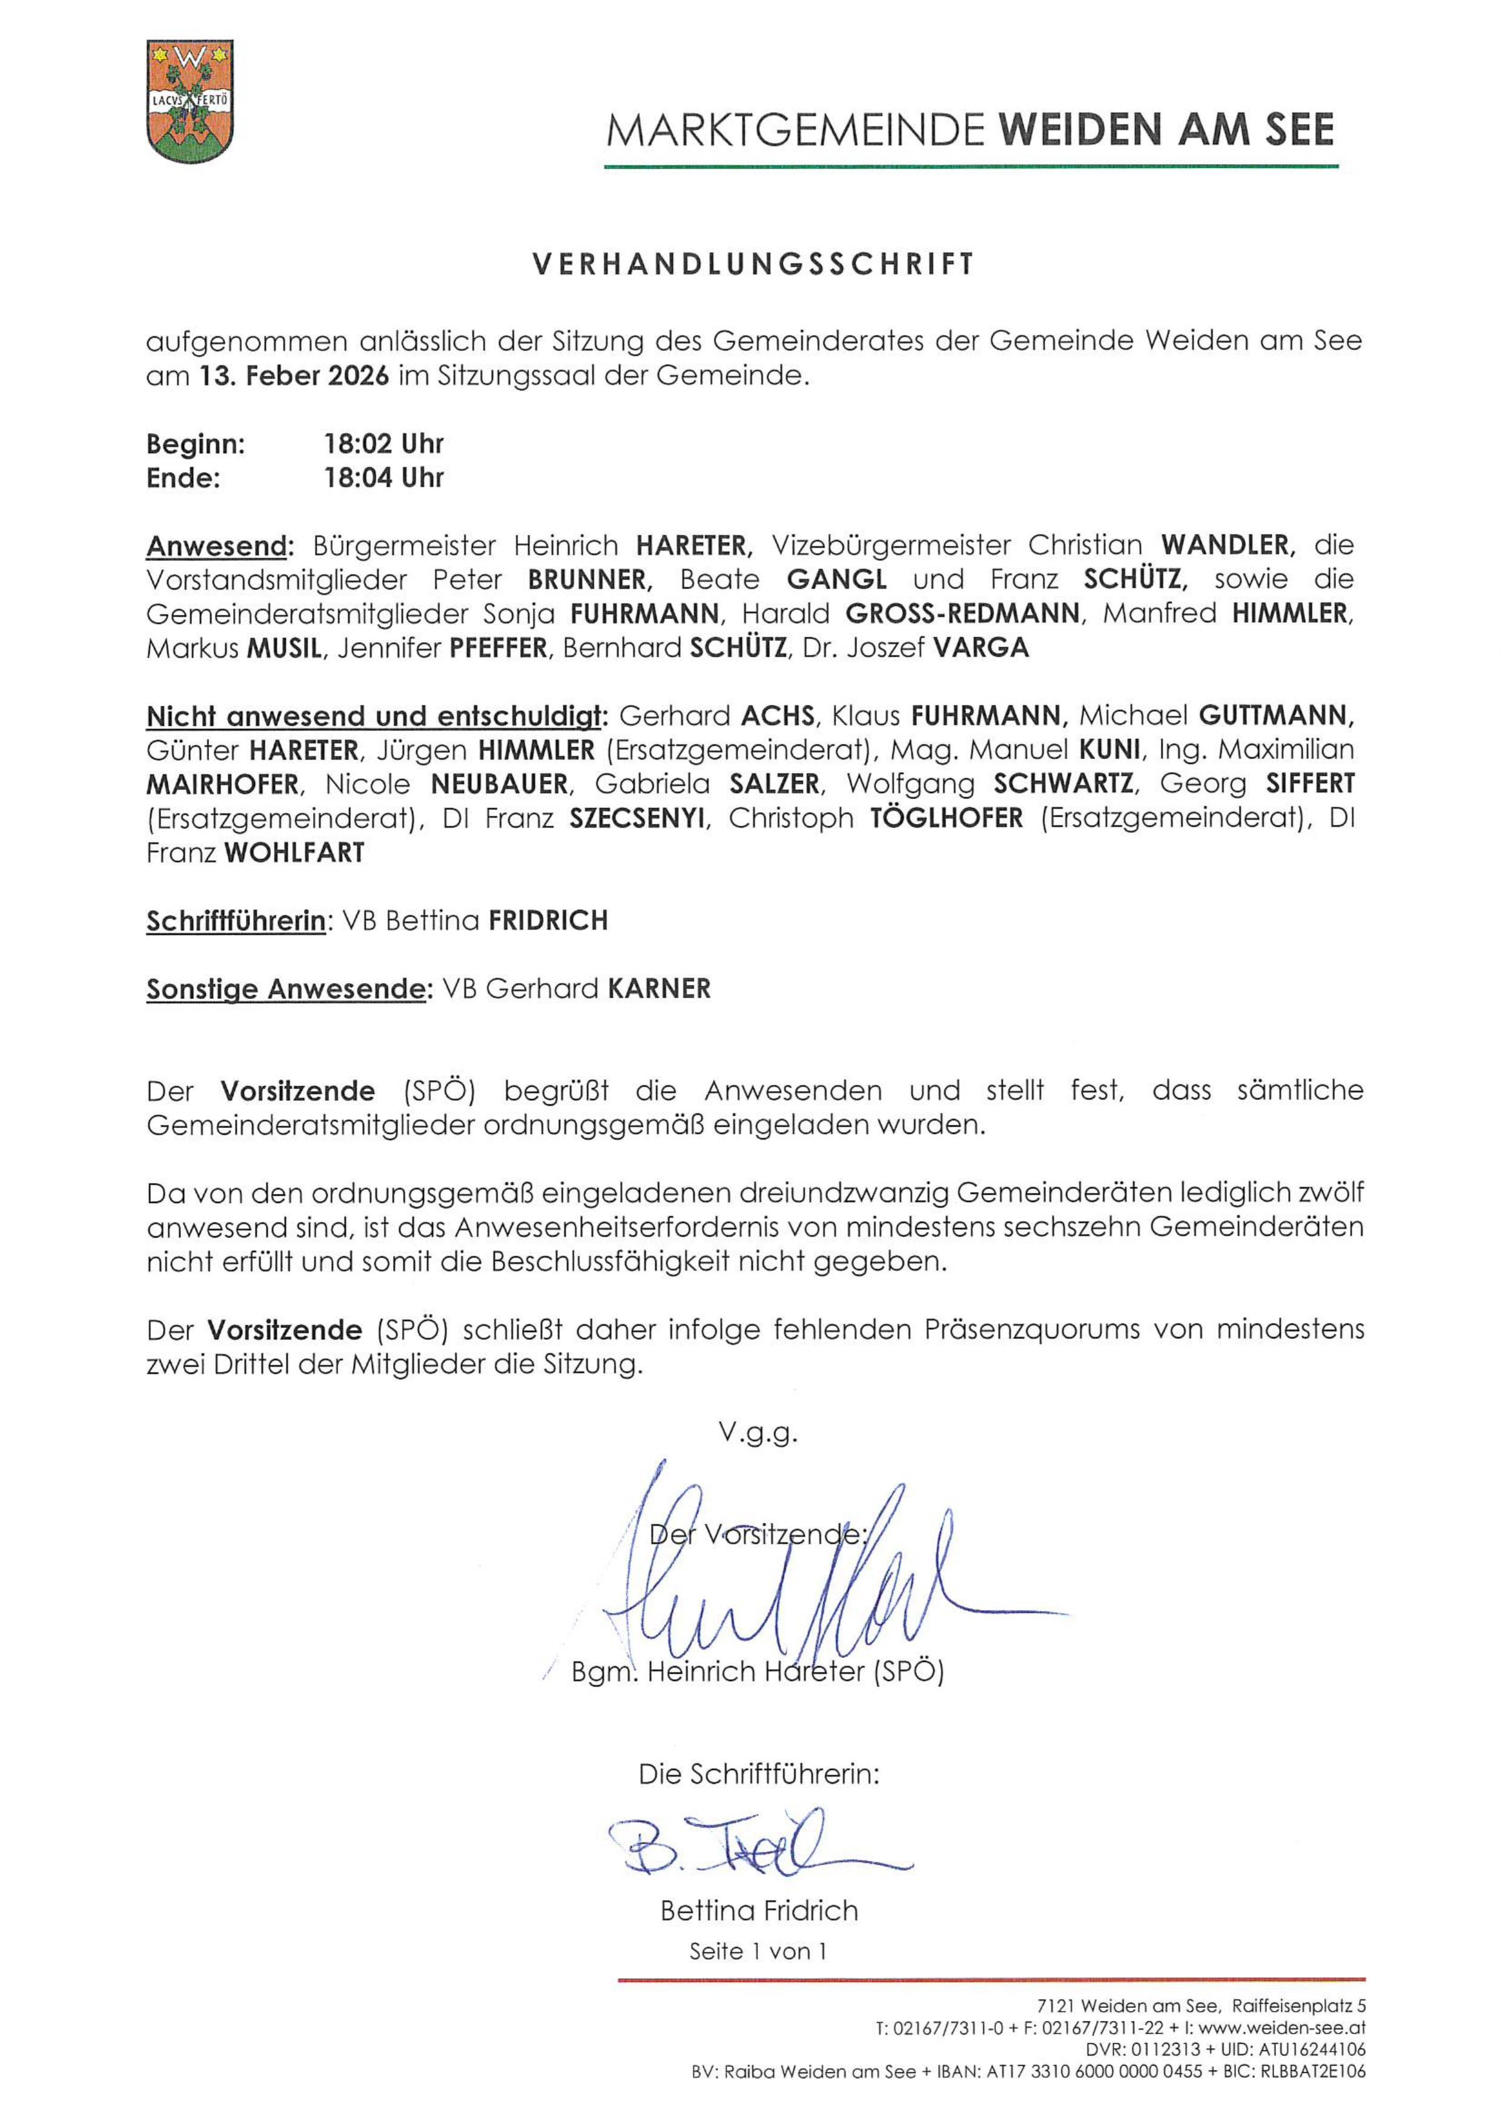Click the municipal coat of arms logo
click(x=190, y=101)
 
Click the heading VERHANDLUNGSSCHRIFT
click(x=753, y=265)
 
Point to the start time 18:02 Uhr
click(x=383, y=444)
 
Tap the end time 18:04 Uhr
click(x=383, y=479)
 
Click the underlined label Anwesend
click(x=217, y=546)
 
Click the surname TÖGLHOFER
click(x=947, y=818)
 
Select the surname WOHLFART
click(x=294, y=852)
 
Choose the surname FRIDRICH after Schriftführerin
click(x=548, y=921)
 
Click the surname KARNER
click(x=659, y=989)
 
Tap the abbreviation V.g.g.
click(x=758, y=1433)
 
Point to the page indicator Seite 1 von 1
click(x=758, y=1952)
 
